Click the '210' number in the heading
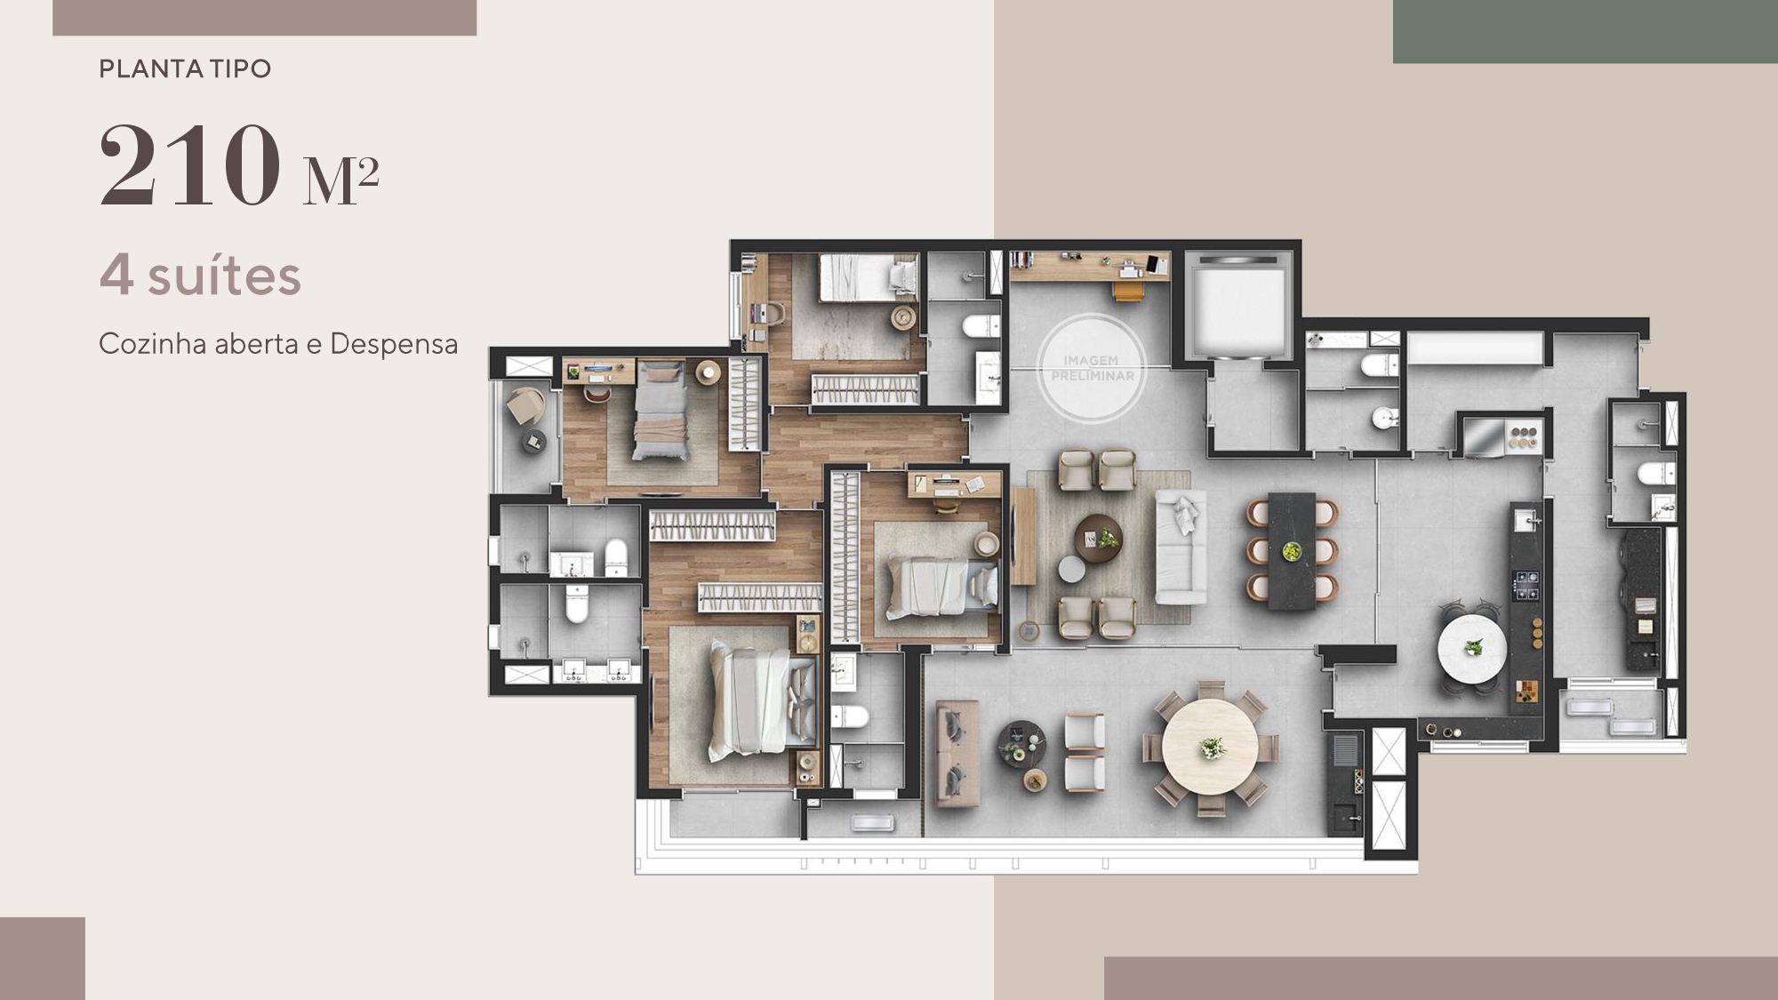189,166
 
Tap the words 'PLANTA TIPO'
185,69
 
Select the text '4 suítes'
200,276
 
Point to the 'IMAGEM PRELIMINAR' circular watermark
1093,368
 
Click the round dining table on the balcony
1209,747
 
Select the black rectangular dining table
1292,551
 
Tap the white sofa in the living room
1181,548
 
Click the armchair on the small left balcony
525,407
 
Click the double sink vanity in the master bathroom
596,670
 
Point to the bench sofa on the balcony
957,754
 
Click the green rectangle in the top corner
1584,31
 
